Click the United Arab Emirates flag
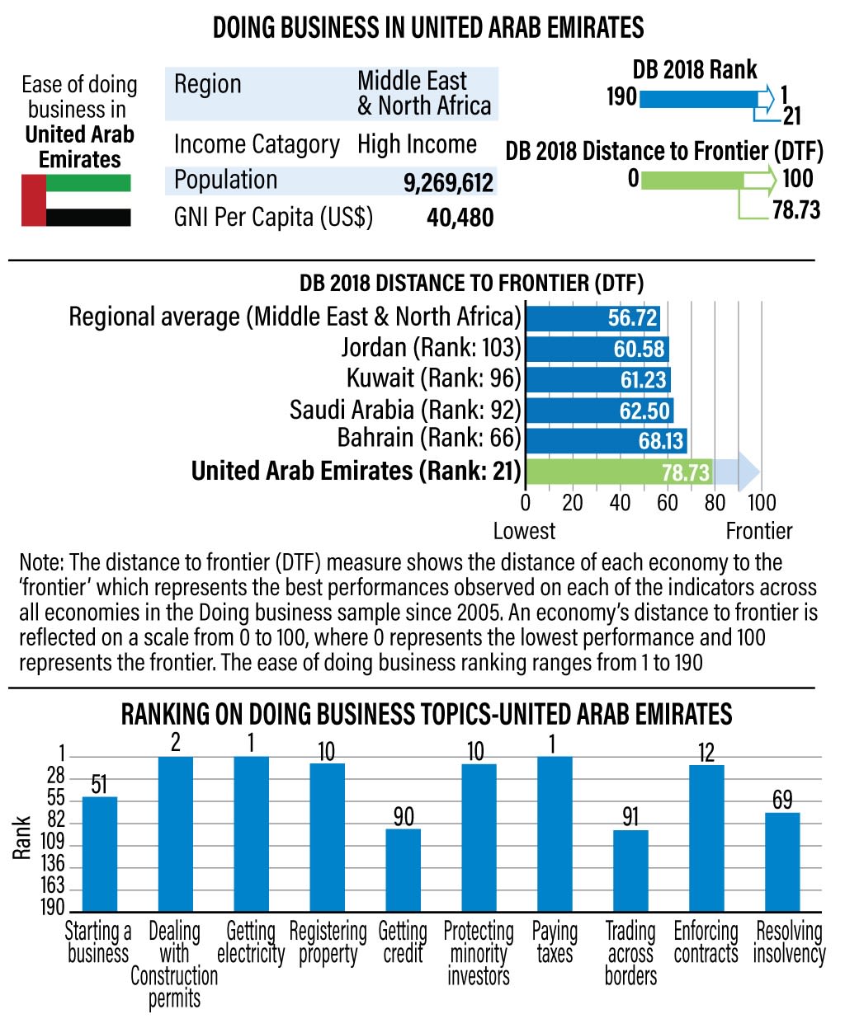76,200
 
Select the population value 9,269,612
448,182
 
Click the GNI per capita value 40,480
460,218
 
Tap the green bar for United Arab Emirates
619,472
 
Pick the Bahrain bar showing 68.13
607,440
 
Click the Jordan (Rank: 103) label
432,348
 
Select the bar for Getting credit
403,869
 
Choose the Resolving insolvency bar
782,861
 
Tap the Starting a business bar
99,852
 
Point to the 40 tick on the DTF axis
620,502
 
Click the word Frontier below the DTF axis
758,531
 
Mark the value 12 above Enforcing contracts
706,752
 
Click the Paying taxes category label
554,942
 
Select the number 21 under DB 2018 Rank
791,116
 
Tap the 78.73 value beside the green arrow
796,210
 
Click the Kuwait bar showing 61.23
598,379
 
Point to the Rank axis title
22,837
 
